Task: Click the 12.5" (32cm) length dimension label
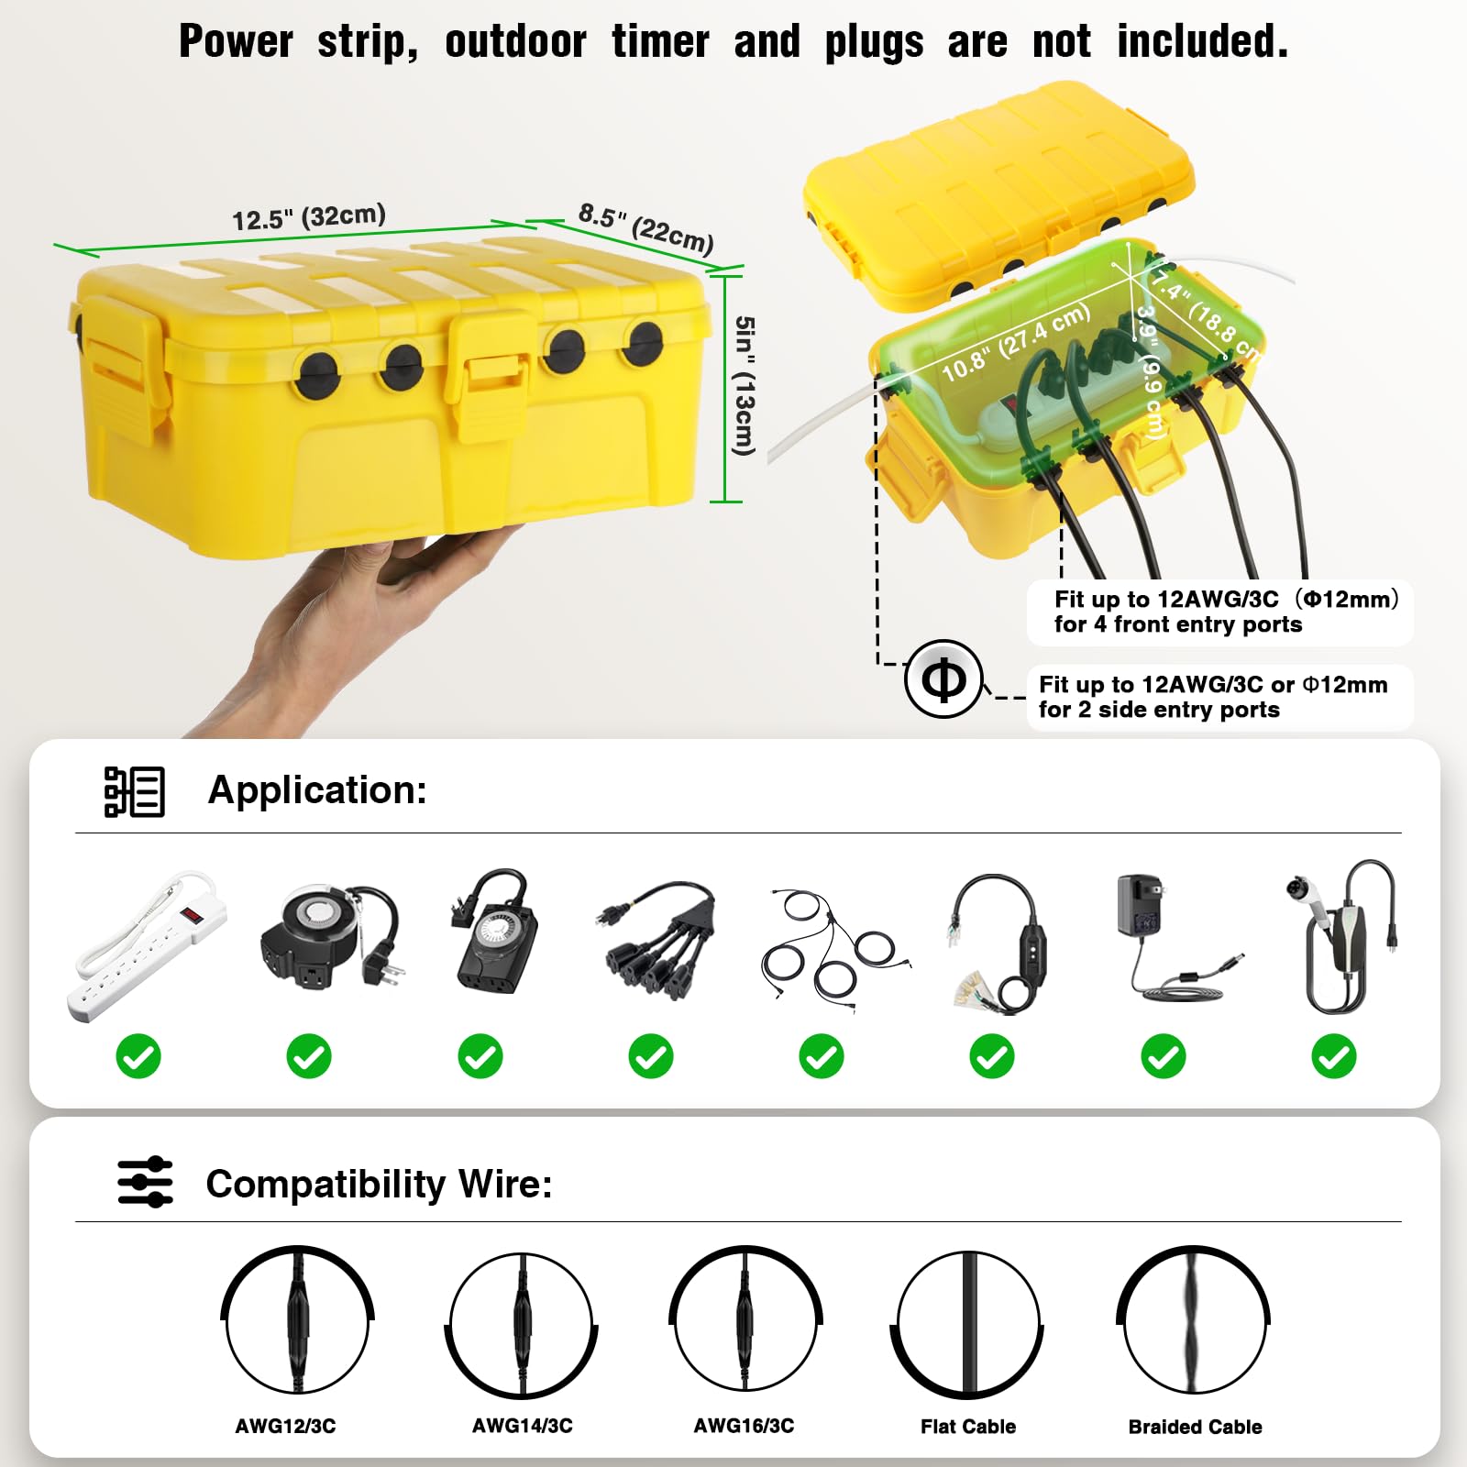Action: pos(308,217)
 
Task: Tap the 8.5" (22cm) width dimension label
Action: pos(645,227)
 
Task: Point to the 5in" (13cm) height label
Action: pos(745,385)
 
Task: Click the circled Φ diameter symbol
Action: pos(943,679)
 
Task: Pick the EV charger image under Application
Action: pos(1344,937)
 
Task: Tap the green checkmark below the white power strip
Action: pos(138,1056)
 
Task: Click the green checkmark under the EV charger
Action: pos(1333,1056)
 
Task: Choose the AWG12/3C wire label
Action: pos(285,1426)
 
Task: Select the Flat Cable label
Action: pos(967,1426)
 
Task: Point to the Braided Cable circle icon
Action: pos(1194,1321)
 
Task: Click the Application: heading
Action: pos(317,789)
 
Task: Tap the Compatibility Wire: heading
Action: pos(379,1184)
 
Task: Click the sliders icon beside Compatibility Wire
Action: pos(145,1182)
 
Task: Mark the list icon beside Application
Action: pos(134,791)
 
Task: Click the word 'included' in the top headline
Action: pos(1201,42)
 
